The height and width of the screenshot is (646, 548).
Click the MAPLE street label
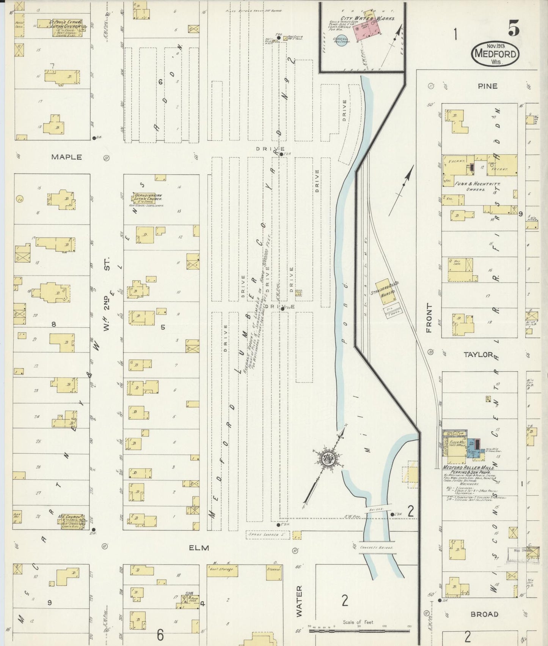[x=67, y=157]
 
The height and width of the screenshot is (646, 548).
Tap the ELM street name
[x=199, y=547]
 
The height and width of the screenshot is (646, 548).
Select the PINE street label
[x=487, y=86]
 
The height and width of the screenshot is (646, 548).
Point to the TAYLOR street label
[x=478, y=355]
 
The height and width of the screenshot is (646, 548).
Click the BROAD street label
[x=484, y=614]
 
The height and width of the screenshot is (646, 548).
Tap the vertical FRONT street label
[x=429, y=318]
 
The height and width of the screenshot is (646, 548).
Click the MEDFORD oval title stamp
[x=495, y=54]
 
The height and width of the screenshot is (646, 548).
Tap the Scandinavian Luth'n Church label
[x=148, y=198]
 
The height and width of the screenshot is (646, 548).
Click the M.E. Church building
[x=71, y=520]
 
